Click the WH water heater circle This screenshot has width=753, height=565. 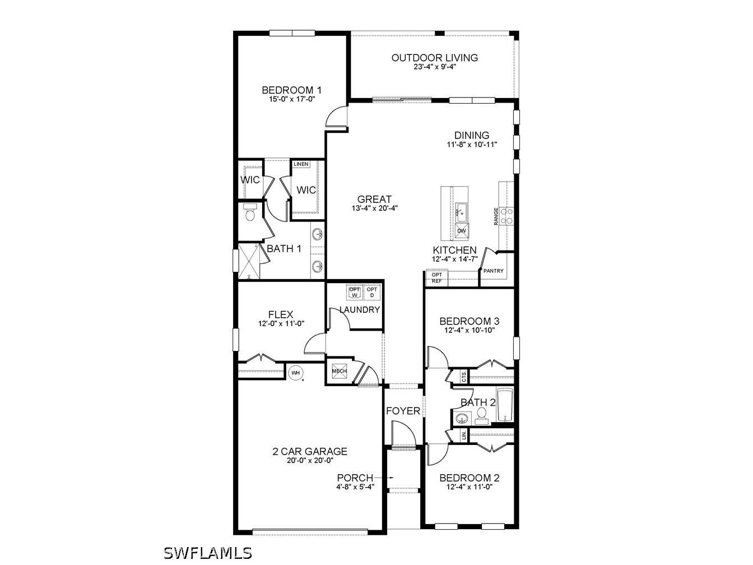[x=295, y=372]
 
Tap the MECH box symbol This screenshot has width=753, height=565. [x=339, y=372]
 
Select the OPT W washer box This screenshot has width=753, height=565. [x=355, y=292]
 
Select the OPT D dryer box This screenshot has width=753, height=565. [x=372, y=292]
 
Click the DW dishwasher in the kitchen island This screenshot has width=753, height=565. [x=462, y=230]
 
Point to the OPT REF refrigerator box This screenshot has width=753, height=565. [x=437, y=278]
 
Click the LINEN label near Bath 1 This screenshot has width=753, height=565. [x=301, y=164]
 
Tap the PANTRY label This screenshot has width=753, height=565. [x=494, y=271]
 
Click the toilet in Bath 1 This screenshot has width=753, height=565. [x=250, y=213]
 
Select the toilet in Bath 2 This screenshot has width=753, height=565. [x=481, y=416]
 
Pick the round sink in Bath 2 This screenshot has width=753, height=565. [x=462, y=418]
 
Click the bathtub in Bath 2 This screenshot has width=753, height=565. [x=505, y=405]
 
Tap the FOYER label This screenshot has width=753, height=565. [x=403, y=411]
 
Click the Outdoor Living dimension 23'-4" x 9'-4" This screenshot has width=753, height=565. [x=435, y=66]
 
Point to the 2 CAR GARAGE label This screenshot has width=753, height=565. [x=310, y=451]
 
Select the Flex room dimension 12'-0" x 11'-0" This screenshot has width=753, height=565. [x=281, y=323]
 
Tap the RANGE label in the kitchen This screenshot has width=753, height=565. [x=496, y=216]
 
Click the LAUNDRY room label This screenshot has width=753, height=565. [x=360, y=309]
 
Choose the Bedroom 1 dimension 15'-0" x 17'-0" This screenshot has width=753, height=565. [x=292, y=99]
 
